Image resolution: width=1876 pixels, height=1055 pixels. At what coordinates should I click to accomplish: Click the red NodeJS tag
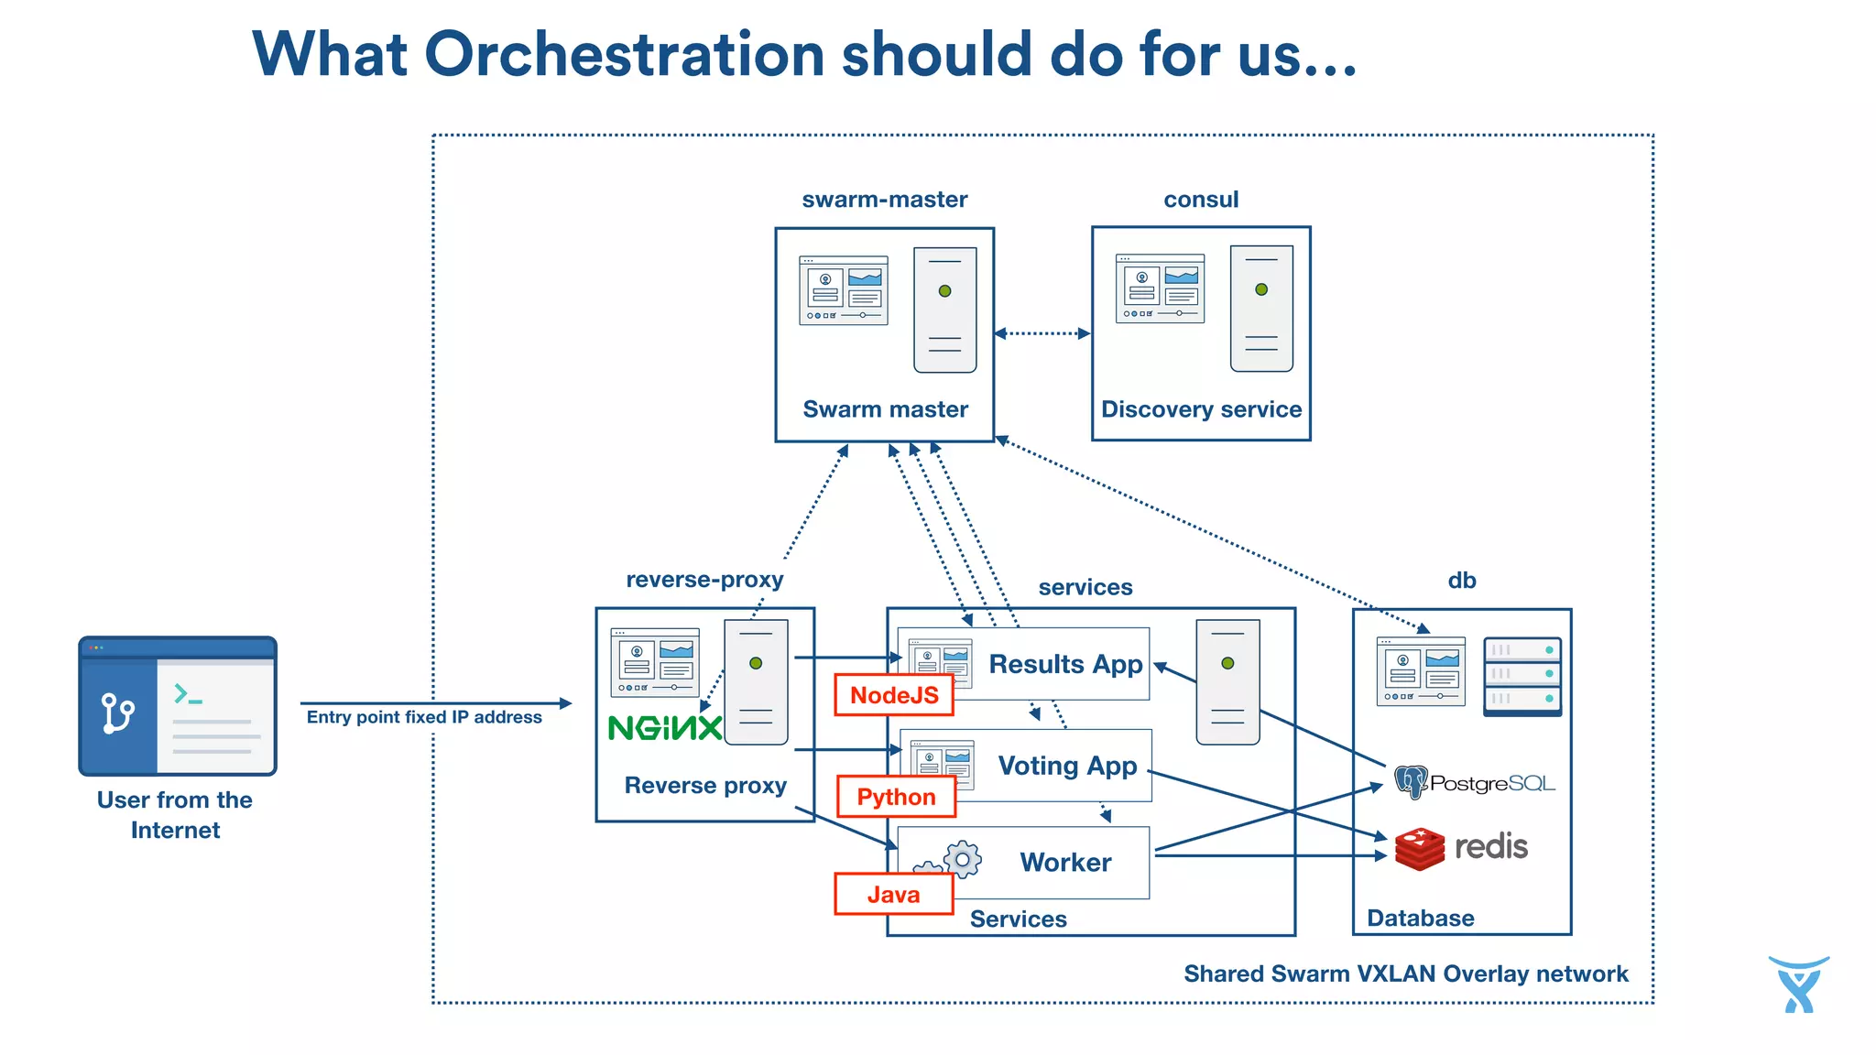(x=893, y=695)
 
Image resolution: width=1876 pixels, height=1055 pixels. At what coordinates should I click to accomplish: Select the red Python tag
(x=896, y=797)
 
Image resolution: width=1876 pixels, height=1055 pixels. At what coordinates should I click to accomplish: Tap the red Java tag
(x=893, y=895)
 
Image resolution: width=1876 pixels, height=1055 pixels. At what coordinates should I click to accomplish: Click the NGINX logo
(x=665, y=729)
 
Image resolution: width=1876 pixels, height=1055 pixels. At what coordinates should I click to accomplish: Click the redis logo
(x=1462, y=847)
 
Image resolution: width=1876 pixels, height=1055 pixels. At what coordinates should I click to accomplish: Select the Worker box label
(x=1065, y=863)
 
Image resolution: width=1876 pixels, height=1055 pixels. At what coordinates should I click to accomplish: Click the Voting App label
(x=1067, y=766)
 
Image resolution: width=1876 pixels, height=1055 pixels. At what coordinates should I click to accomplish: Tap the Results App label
(x=1065, y=664)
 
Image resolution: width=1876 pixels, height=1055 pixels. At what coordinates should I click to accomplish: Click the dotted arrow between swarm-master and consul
(x=1042, y=333)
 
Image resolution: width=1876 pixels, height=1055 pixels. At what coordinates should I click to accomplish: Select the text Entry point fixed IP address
(x=424, y=717)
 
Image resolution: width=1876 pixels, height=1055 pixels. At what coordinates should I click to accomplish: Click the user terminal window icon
(x=178, y=706)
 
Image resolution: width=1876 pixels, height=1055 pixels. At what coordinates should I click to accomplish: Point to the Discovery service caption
(x=1201, y=409)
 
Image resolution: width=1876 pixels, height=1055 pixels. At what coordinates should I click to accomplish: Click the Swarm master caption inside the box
(x=885, y=409)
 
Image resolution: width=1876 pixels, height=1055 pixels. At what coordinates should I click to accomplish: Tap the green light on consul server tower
(x=1261, y=289)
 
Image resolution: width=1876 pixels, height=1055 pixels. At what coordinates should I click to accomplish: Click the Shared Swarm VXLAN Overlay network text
(x=1405, y=973)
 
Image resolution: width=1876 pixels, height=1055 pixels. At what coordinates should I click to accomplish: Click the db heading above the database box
(x=1461, y=581)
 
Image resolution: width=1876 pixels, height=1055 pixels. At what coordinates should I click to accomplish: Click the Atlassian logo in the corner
(x=1798, y=985)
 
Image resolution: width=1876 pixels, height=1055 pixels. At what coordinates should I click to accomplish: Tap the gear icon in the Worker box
(x=962, y=859)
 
